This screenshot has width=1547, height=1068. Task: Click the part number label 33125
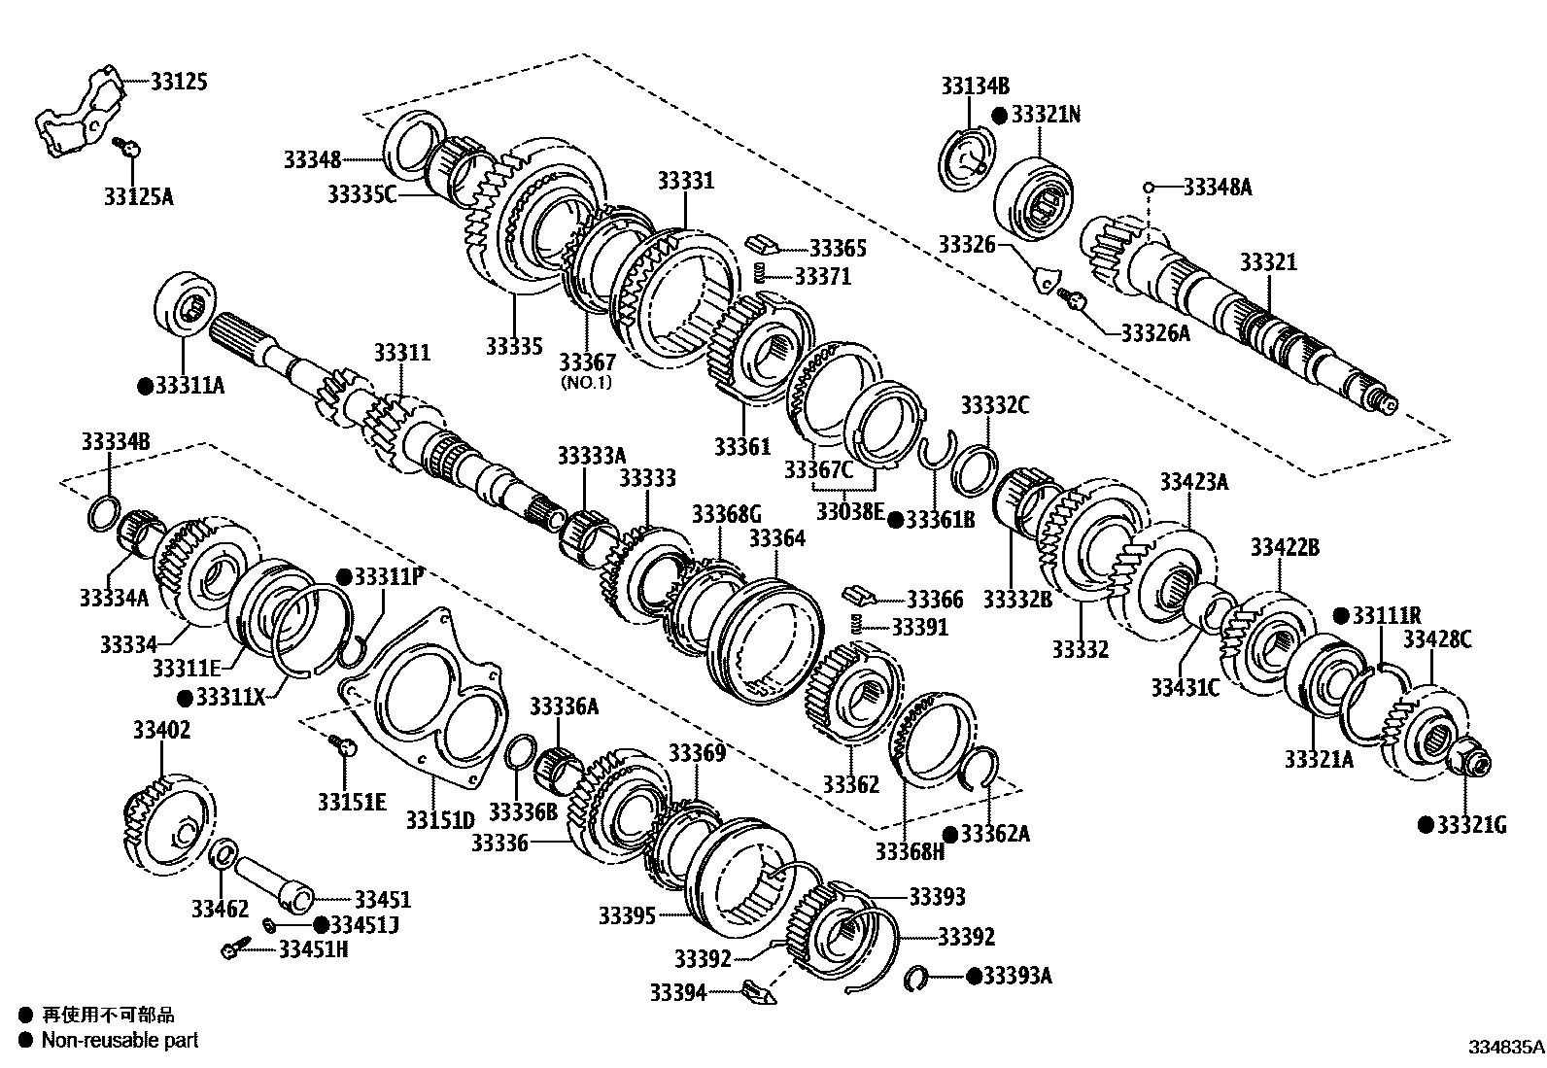coord(180,82)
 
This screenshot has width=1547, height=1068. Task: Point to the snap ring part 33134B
coord(967,155)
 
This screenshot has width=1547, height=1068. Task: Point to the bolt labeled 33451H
coord(234,947)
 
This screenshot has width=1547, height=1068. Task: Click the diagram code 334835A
coord(1505,1048)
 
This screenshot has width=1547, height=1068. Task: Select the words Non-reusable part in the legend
coord(120,1040)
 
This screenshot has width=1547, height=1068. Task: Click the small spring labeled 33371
coord(763,274)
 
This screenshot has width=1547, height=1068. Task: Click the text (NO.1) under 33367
coord(586,382)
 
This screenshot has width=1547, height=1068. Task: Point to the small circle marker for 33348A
coord(1148,187)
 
